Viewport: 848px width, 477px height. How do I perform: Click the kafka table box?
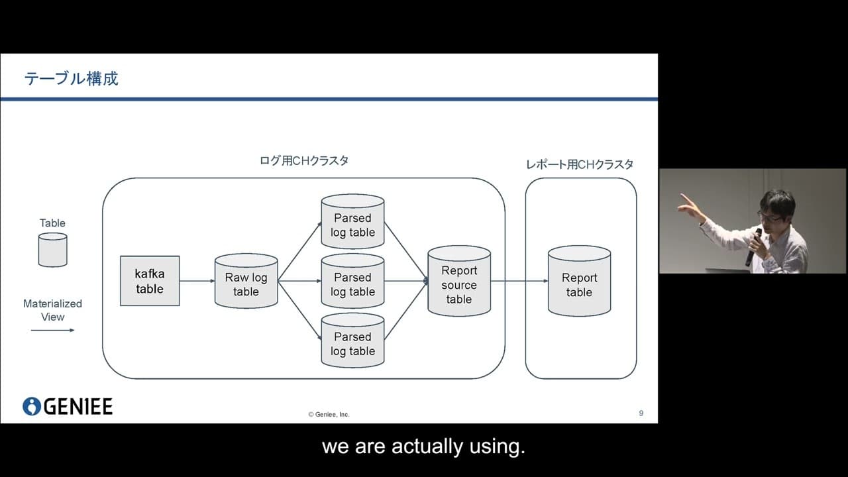[150, 281]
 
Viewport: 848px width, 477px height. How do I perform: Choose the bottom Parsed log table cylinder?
[352, 341]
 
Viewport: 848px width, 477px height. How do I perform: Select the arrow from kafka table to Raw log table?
[197, 281]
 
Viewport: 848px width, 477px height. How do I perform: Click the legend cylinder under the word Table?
[52, 250]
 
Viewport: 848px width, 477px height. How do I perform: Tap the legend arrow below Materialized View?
[52, 330]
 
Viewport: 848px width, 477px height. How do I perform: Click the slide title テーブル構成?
[71, 79]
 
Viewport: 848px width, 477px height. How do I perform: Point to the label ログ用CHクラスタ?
[304, 161]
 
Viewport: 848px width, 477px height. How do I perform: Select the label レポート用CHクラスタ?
[580, 164]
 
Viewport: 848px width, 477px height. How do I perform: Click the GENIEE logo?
[68, 406]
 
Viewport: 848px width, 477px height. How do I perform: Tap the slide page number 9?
[641, 413]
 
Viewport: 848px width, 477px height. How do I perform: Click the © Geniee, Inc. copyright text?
[329, 415]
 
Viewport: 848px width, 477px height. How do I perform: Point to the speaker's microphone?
[754, 245]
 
